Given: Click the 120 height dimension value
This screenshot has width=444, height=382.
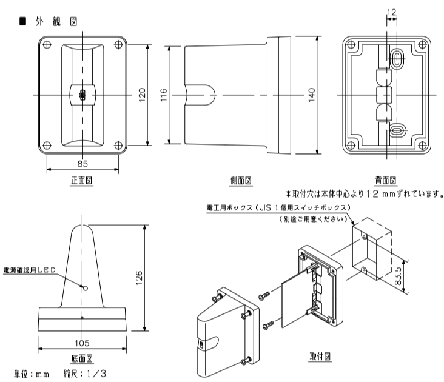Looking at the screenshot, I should (141, 94).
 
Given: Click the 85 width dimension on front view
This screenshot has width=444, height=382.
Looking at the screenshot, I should (82, 163).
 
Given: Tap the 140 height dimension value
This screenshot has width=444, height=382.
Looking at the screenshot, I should (312, 95).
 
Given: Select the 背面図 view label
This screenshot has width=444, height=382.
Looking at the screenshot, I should (385, 180).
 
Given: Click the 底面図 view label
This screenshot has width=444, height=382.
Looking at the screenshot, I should (82, 358).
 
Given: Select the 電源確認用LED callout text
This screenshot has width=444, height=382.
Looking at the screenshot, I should (29, 270).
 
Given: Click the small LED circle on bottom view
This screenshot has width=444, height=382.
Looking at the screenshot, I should (85, 289).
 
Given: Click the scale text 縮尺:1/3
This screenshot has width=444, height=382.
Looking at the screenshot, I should (84, 374).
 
